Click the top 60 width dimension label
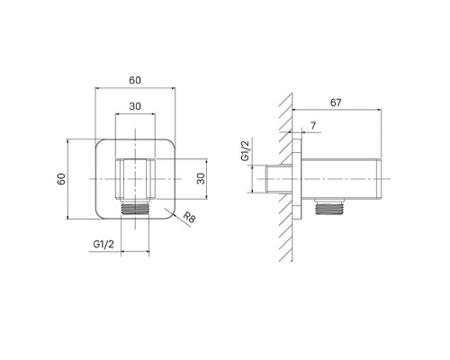coord(135,80)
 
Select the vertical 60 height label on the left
coord(61,179)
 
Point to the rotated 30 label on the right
coord(201,179)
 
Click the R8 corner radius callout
coord(189,217)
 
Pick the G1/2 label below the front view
coord(103,244)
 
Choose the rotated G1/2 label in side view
coord(245,151)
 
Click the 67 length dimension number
coord(336,103)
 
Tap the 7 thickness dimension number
coord(313,125)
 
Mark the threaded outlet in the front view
coord(135,208)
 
